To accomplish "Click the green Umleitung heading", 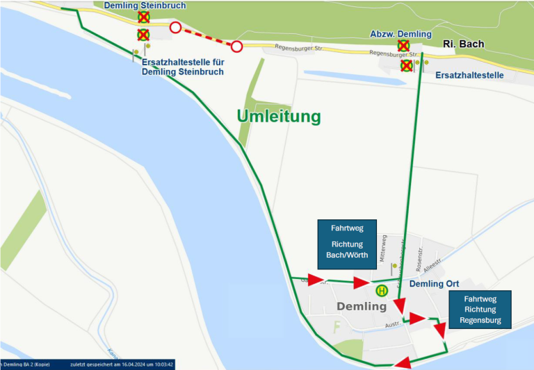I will pos(279,116).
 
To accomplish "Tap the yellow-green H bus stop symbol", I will pos(381,291).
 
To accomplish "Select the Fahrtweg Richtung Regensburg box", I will pos(480,309).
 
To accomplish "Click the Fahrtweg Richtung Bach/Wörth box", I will pos(346,244).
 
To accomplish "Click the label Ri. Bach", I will pos(463,44).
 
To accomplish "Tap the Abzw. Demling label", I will pos(400,34).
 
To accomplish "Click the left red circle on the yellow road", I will pos(175,27).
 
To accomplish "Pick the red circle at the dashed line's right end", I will pos(237,47).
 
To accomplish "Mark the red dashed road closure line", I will pos(206,37).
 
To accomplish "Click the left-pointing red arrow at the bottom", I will pos(402,363).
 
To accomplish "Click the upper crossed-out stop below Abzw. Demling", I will pos(403,46).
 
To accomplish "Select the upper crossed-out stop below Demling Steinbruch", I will pos(143,17).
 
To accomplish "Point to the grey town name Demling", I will pos(361,306).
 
